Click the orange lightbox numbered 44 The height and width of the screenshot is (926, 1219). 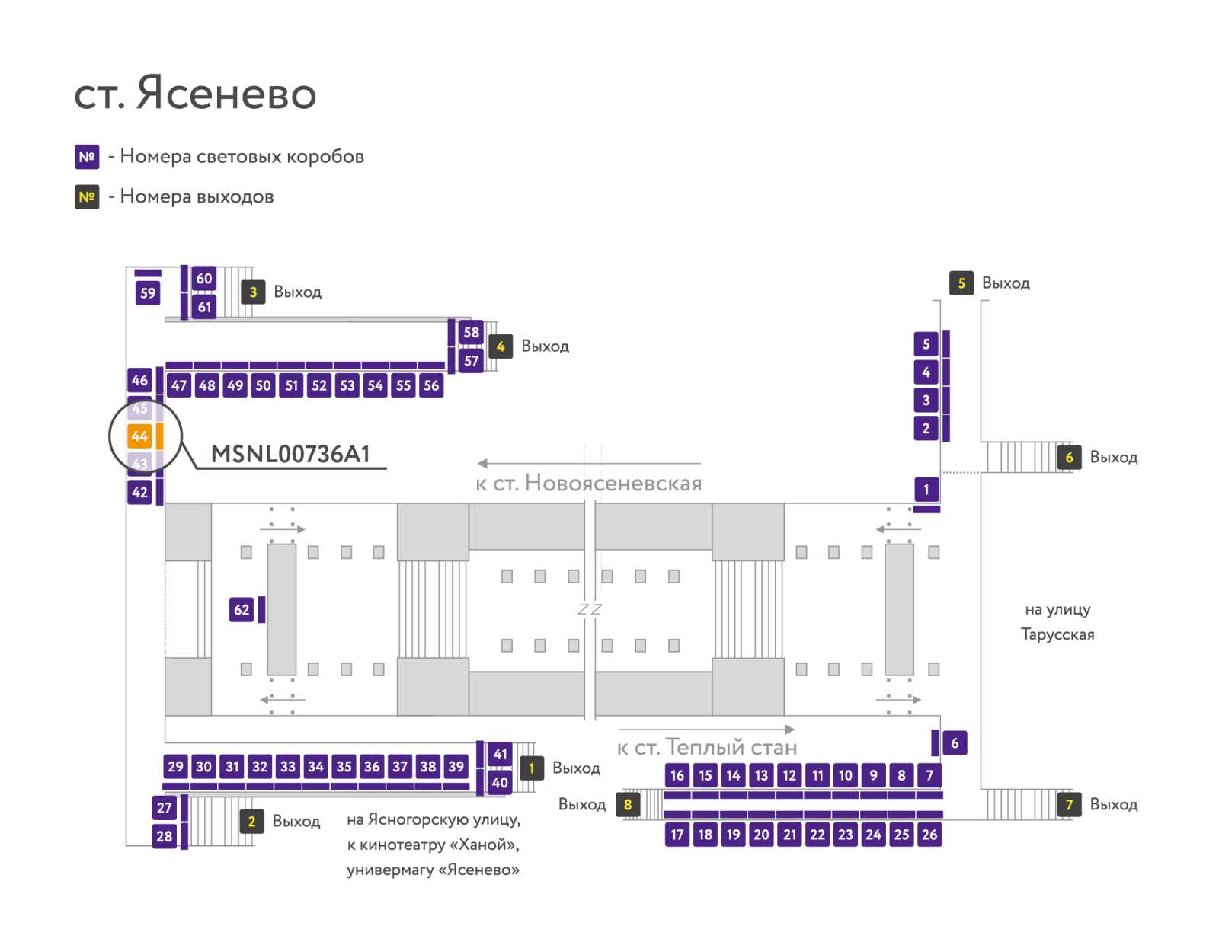139,436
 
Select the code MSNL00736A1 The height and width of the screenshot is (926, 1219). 290,455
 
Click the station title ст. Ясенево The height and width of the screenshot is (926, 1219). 195,93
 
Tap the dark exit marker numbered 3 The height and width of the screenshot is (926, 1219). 253,292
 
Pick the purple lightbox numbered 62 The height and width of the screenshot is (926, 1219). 242,610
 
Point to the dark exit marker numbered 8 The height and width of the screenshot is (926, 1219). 628,804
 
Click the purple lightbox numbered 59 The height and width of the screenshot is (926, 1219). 148,293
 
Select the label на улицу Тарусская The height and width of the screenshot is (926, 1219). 1057,621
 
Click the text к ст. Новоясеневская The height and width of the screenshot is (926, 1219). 589,484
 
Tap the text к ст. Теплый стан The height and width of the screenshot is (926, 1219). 707,747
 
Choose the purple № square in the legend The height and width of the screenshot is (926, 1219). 87,157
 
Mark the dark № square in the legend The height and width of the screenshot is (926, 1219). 87,197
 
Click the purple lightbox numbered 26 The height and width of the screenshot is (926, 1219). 929,835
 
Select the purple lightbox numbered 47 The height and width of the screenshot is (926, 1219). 179,385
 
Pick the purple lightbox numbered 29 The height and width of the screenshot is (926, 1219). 175,766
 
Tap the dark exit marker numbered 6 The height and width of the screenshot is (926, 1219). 1069,458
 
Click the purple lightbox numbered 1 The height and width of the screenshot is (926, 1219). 926,490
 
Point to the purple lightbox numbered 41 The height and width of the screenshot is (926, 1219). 500,754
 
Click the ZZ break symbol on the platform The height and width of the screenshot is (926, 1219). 589,610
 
